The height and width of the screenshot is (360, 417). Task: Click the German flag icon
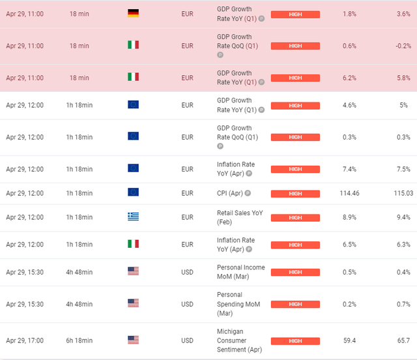[x=133, y=13]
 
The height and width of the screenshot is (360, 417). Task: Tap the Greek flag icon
[x=133, y=217]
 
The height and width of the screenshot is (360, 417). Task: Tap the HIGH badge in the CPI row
[x=295, y=193]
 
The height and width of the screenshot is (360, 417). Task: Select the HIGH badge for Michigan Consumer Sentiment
[x=295, y=340]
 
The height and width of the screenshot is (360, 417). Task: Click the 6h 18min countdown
[x=79, y=340]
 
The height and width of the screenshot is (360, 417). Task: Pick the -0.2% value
[x=403, y=46]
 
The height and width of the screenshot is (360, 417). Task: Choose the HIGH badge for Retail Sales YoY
[x=295, y=217]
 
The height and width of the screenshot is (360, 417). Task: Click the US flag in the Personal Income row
[x=133, y=271]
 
